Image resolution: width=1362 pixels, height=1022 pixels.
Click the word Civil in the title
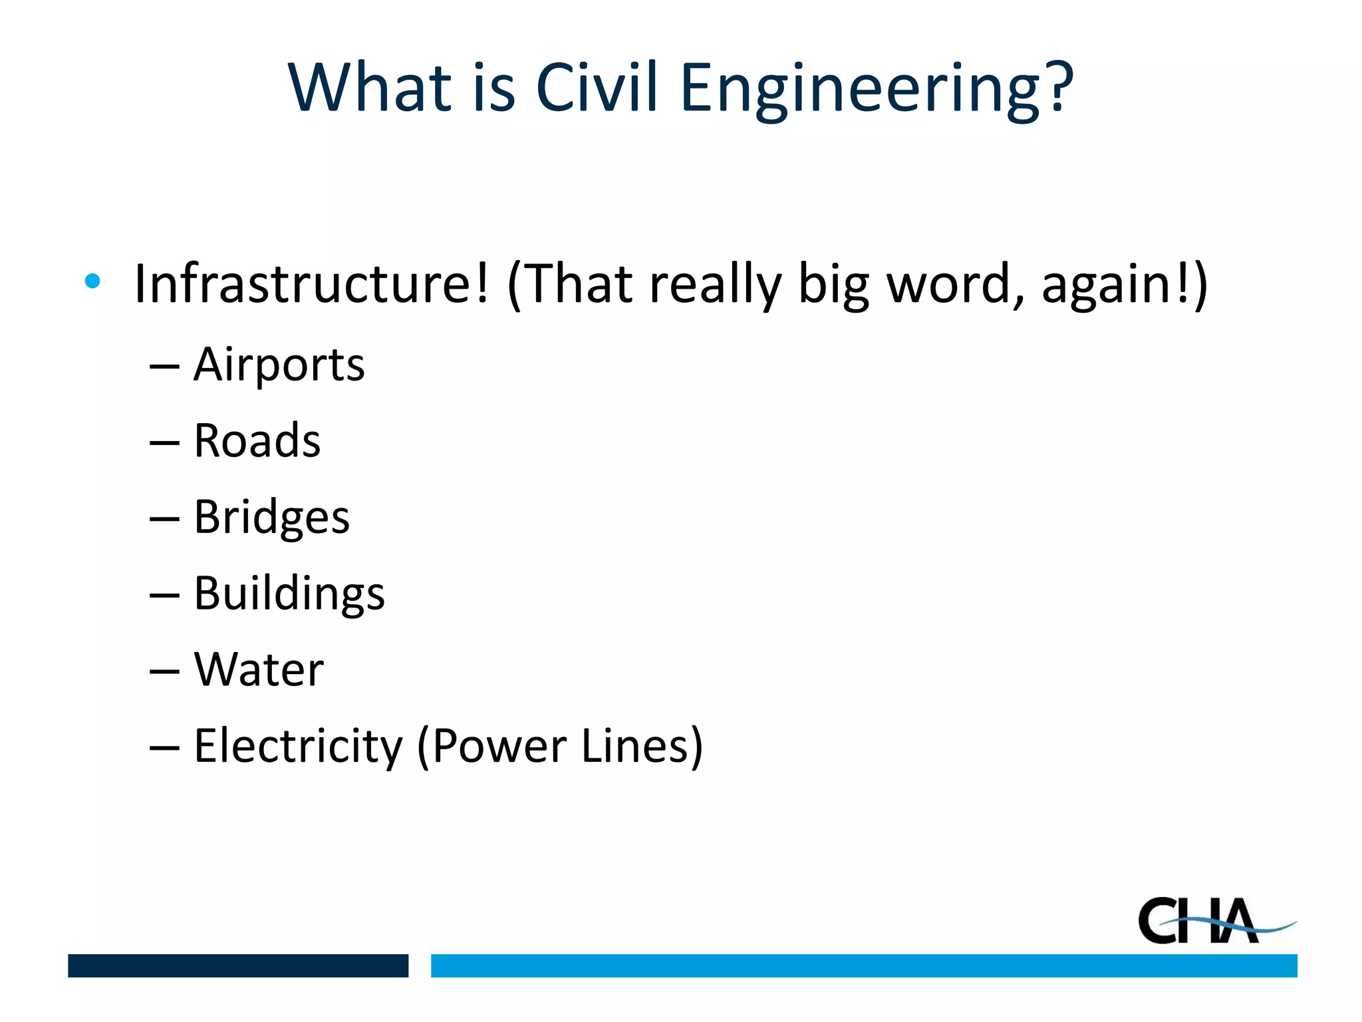pyautogui.click(x=597, y=87)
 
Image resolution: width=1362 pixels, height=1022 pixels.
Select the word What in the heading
pyautogui.click(x=370, y=87)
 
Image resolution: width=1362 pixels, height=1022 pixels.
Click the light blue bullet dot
pyautogui.click(x=92, y=281)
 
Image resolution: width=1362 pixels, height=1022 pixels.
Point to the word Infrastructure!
pyautogui.click(x=311, y=284)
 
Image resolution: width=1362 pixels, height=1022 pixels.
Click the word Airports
pyautogui.click(x=279, y=365)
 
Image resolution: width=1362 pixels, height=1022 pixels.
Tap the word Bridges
pyautogui.click(x=271, y=518)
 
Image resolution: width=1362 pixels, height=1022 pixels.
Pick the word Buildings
pyautogui.click(x=289, y=594)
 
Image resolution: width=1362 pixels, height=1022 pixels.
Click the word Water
pyautogui.click(x=259, y=669)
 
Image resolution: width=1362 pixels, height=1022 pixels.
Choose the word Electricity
pyautogui.click(x=298, y=746)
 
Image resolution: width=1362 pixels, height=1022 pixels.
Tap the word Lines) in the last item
pyautogui.click(x=642, y=746)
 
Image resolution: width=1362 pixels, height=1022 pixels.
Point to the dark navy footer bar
pyautogui.click(x=238, y=965)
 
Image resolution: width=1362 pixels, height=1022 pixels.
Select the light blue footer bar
pyautogui.click(x=863, y=965)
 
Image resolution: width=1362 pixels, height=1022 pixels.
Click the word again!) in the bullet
pyautogui.click(x=1124, y=284)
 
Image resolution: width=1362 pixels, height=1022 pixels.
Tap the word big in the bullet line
pyautogui.click(x=833, y=286)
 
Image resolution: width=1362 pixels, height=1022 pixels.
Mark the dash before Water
pyautogui.click(x=164, y=672)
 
